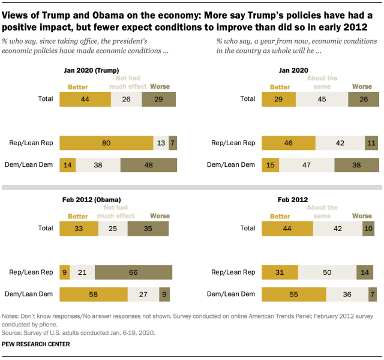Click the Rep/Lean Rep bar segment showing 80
click(106, 143)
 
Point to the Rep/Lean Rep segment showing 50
click(326, 272)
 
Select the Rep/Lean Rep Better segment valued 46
click(289, 143)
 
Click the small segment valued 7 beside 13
click(173, 143)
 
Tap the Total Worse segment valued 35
click(148, 228)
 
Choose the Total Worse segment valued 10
click(369, 228)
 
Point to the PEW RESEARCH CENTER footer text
click(36, 344)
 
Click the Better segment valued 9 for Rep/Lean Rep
click(64, 272)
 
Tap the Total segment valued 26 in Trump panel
click(126, 98)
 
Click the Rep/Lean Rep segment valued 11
click(371, 143)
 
